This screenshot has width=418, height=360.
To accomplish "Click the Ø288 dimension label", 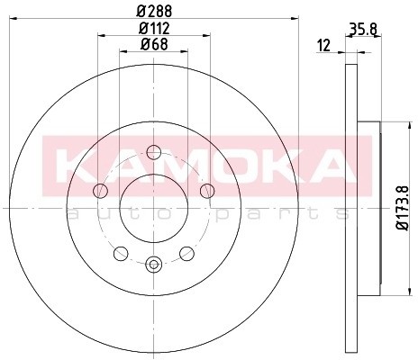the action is pos(154,12).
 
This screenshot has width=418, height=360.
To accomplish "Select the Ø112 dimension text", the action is pos(154,29).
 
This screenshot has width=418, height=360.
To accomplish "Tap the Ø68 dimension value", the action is pos(154,45).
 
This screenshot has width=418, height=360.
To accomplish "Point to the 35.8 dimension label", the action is pos(364,29).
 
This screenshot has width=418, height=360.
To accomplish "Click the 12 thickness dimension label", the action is pos(323,46).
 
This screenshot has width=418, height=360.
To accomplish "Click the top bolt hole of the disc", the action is pos(154,152).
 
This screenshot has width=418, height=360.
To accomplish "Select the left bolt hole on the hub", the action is pos(100,191).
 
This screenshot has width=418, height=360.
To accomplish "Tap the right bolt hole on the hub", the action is pos(207,191).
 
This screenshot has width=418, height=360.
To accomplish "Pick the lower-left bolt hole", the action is pos(121,254).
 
